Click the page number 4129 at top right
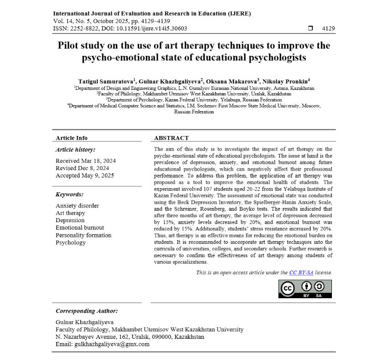click(328, 29)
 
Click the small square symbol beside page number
click(310, 29)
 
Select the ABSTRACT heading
click(171, 138)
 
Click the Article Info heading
click(71, 138)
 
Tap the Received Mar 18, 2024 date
click(86, 161)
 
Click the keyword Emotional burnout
click(80, 228)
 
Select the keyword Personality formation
click(83, 235)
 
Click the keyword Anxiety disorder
click(77, 206)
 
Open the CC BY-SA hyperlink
click(301, 272)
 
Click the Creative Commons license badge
click(305, 289)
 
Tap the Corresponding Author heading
click(87, 311)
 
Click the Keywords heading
click(69, 195)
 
